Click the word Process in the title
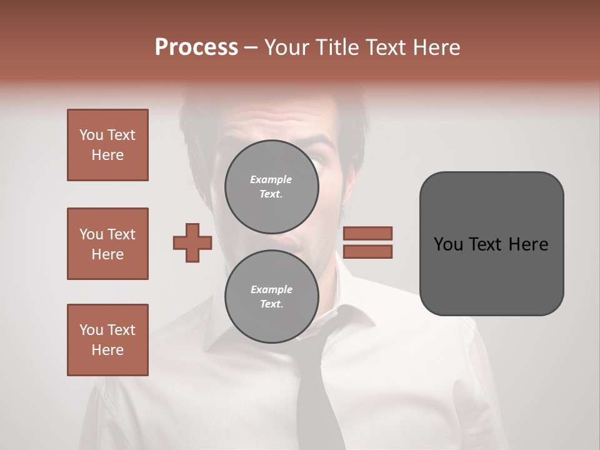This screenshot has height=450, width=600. [x=196, y=47]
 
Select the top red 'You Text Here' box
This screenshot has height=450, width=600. [x=107, y=145]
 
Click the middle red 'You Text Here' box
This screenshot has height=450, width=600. [x=107, y=244]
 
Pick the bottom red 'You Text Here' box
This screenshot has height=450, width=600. [x=107, y=340]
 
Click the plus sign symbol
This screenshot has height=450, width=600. [x=192, y=242]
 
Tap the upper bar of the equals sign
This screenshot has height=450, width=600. [x=367, y=233]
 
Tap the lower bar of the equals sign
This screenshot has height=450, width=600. [x=367, y=251]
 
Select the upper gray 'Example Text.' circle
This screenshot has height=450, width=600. [x=271, y=186]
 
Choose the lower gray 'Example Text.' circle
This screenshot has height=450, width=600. [x=271, y=296]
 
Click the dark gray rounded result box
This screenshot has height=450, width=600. [x=491, y=244]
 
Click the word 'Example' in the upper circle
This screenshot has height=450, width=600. [x=271, y=179]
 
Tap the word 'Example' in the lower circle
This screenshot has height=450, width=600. [x=271, y=289]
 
